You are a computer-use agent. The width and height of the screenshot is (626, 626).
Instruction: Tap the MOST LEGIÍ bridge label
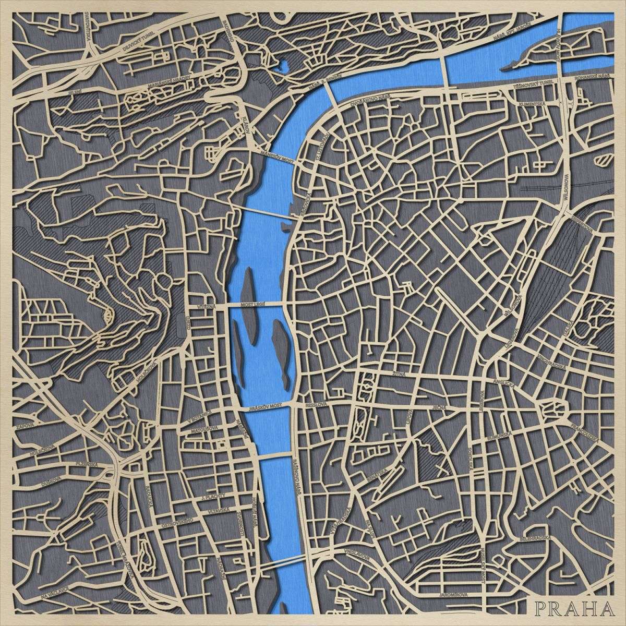tap(255, 303)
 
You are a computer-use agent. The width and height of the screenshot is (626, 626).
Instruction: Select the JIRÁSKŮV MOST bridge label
tap(269, 405)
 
